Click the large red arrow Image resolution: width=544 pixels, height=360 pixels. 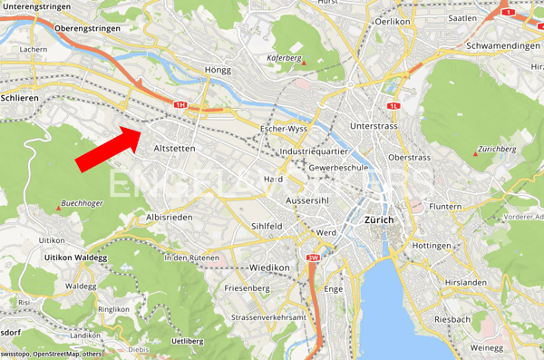(x=106, y=149)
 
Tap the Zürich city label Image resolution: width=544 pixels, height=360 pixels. (x=378, y=220)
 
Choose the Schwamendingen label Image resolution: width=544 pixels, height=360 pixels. (x=498, y=44)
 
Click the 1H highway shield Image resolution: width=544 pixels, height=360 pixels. (x=180, y=105)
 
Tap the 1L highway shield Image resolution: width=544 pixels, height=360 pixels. (x=393, y=105)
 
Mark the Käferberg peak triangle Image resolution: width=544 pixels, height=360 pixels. (x=304, y=63)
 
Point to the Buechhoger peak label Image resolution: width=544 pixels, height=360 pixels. (x=82, y=203)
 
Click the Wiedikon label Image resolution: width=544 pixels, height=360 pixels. (x=268, y=268)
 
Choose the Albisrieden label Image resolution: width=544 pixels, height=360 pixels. (x=170, y=219)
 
